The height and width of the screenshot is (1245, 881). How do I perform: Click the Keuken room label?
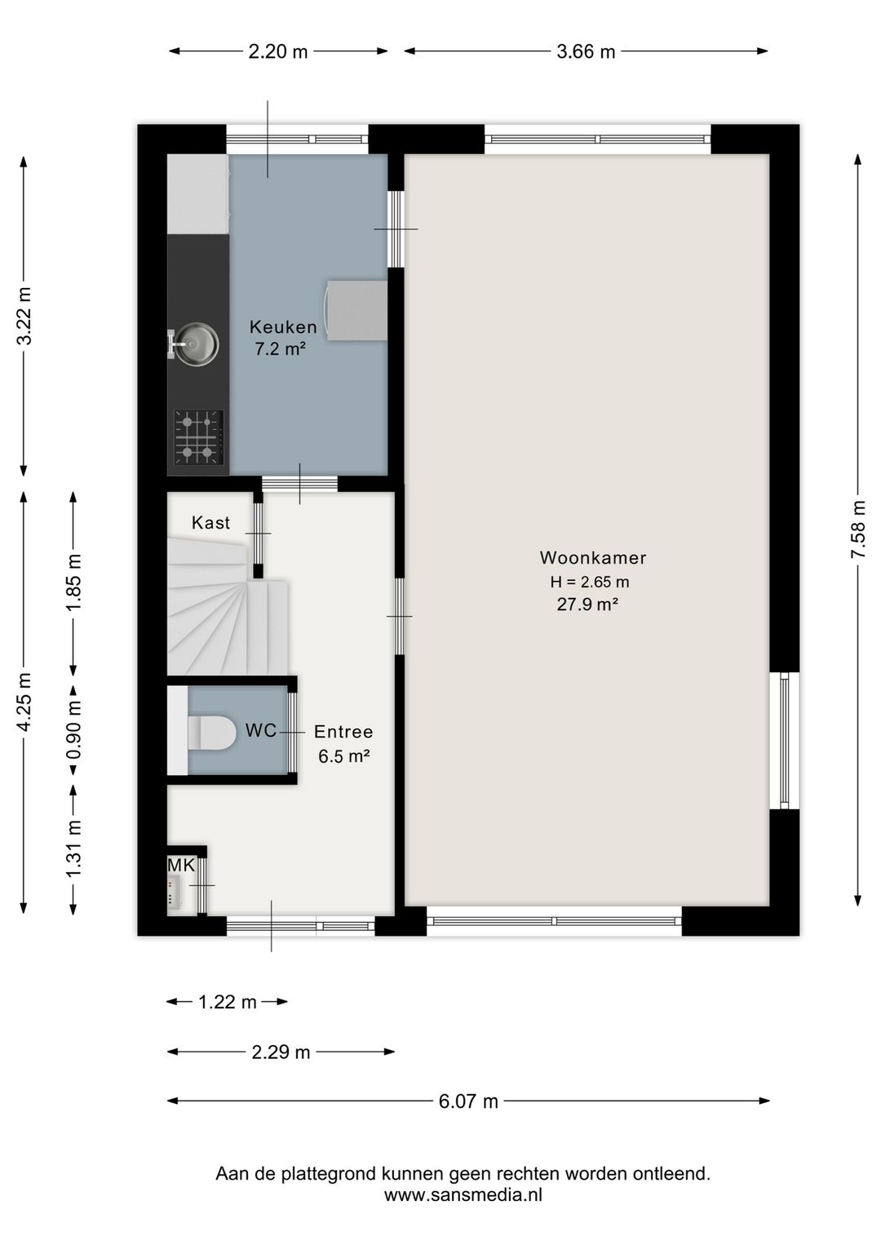283,326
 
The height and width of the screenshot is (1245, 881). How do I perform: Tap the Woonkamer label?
593,557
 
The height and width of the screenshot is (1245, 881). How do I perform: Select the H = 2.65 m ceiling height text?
590,582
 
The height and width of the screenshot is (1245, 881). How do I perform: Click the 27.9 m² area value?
588,605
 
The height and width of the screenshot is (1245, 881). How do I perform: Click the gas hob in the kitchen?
198,438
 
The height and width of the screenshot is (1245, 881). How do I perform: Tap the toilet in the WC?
211,733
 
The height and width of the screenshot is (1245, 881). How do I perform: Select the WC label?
261,730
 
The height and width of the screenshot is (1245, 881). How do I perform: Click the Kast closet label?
210,522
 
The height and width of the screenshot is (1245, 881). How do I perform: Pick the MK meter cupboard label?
181,865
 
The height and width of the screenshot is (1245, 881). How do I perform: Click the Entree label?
343,732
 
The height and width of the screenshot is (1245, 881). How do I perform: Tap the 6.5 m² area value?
344,755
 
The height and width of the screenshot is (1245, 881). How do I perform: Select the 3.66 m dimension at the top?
586,51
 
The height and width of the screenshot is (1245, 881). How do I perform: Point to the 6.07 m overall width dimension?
468,1101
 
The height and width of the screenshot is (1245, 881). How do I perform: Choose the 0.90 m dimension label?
74,729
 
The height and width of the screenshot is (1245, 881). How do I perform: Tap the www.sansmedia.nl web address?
463,1194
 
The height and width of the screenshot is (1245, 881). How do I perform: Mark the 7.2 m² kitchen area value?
281,350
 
